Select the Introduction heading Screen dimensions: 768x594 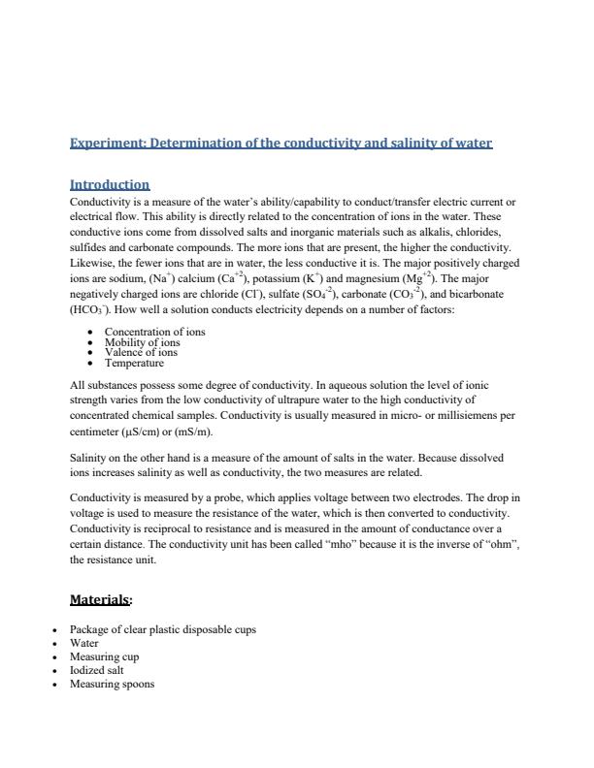[x=110, y=184]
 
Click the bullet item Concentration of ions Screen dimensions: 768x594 [x=154, y=332]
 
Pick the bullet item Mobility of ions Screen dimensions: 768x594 [x=142, y=342]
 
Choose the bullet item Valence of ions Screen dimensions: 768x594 [x=141, y=353]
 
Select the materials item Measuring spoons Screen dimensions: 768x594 [x=112, y=684]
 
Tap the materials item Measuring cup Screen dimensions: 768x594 [x=104, y=656]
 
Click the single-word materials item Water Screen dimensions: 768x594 [x=84, y=643]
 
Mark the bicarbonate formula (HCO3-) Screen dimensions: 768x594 [x=88, y=310]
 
